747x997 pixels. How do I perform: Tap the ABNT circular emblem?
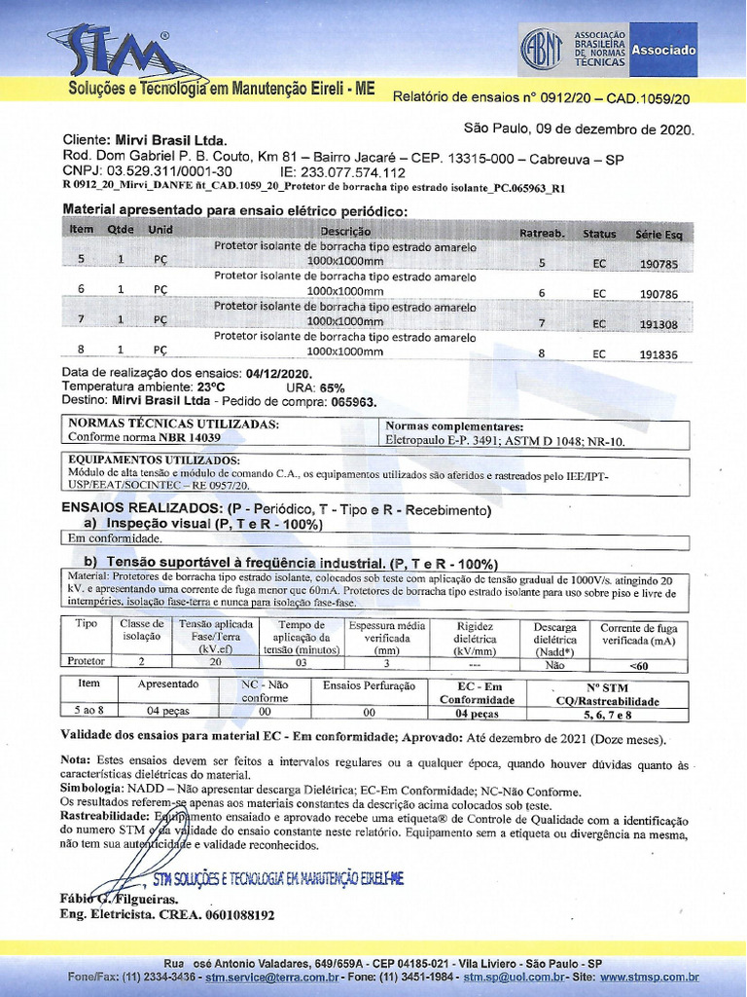point(542,48)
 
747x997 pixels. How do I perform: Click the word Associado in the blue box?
point(663,50)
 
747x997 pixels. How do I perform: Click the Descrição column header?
point(345,232)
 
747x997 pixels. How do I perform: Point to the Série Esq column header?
point(658,234)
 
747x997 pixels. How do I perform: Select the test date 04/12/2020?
point(279,374)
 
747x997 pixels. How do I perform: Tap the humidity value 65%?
point(333,387)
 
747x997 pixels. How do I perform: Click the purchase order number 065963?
point(352,400)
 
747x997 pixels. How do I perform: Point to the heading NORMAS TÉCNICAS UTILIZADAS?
point(174,425)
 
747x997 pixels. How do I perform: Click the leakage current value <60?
point(639,666)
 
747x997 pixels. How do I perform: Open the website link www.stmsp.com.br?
point(649,976)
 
